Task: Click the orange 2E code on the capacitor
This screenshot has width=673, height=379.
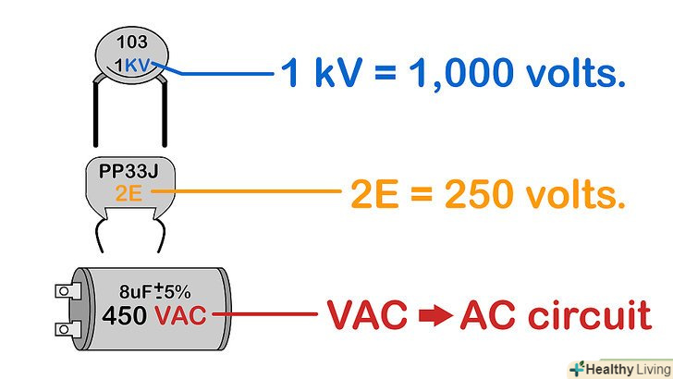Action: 128,193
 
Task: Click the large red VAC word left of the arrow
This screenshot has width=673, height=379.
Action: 367,317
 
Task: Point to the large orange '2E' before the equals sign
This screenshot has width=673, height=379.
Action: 375,194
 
